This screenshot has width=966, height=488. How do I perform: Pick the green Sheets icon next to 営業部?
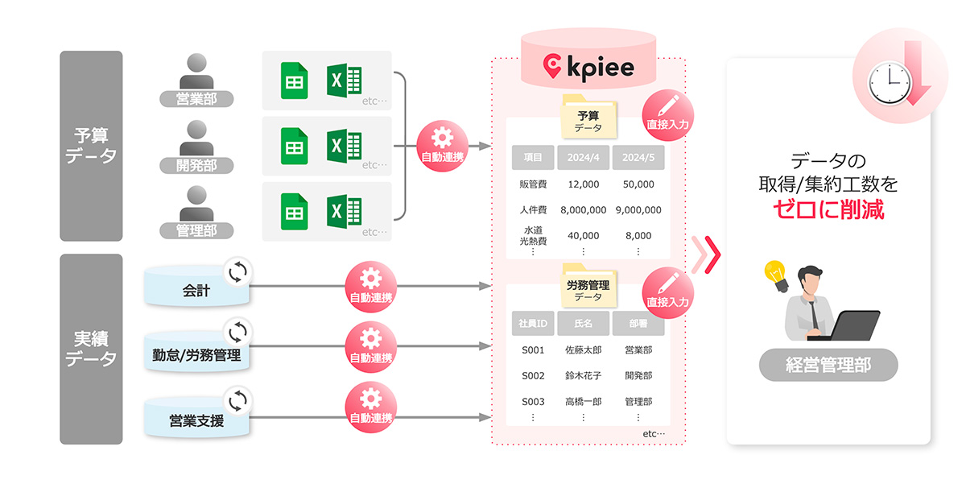pyautogui.click(x=295, y=81)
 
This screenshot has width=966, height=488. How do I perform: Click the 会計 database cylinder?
pyautogui.click(x=196, y=290)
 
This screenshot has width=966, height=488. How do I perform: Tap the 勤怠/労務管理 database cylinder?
pyautogui.click(x=196, y=354)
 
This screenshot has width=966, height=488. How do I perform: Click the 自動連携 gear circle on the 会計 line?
pyautogui.click(x=370, y=287)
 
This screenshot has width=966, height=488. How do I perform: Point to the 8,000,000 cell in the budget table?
pyautogui.click(x=583, y=209)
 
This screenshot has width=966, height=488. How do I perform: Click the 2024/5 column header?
pyautogui.click(x=638, y=158)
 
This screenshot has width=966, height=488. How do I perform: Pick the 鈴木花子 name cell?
pyautogui.click(x=583, y=375)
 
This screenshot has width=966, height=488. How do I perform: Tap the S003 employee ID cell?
pyautogui.click(x=533, y=401)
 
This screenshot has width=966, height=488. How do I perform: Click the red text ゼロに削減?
pyautogui.click(x=828, y=211)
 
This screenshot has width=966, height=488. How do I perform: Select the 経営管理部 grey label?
pyautogui.click(x=828, y=365)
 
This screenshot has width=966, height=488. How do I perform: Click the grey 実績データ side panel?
pyautogui.click(x=91, y=349)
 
